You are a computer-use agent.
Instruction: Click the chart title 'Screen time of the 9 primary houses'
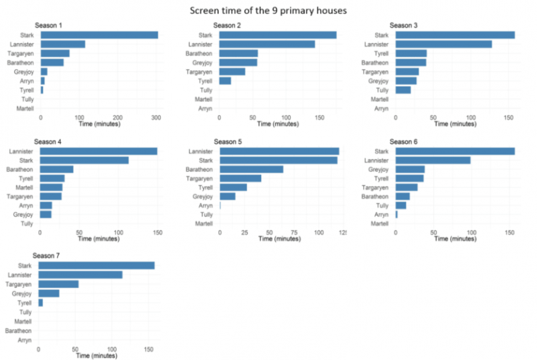[268, 11]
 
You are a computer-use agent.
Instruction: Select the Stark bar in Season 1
[99, 35]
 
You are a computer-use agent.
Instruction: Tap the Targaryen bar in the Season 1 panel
[54, 53]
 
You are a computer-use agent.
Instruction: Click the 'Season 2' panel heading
[227, 26]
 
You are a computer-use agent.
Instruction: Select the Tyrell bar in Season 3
[410, 53]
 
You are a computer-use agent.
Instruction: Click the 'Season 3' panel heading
[404, 26]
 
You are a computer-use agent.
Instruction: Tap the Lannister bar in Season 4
[98, 151]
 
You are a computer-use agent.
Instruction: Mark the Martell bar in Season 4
[51, 187]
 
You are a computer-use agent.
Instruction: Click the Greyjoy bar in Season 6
[410, 169]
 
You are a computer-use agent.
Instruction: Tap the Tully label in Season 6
[381, 205]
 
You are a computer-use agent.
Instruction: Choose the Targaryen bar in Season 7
[58, 284]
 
